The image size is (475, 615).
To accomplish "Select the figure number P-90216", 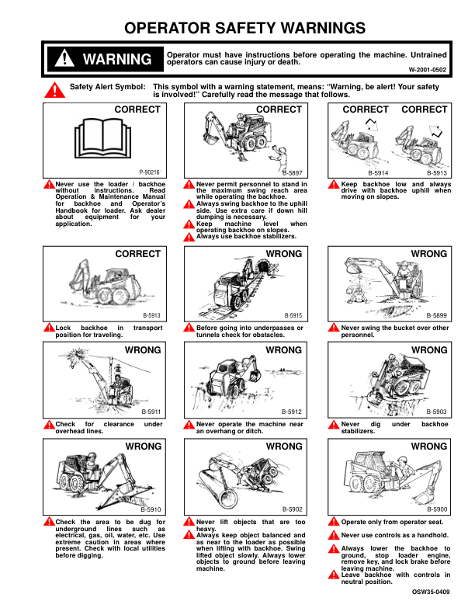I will [150, 172].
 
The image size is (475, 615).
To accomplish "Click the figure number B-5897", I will [292, 172].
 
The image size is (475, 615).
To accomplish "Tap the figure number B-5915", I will [294, 316].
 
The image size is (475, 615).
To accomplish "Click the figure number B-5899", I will [437, 316].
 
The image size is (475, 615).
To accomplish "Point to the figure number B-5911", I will [151, 412].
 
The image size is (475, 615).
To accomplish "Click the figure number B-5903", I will [437, 412].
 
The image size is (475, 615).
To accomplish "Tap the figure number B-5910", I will [151, 509].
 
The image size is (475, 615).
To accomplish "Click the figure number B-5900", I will [437, 509].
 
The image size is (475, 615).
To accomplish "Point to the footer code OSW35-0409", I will [430, 592].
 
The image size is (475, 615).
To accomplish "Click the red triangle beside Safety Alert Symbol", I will [55, 89].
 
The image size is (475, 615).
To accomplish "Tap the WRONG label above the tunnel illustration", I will [283, 254].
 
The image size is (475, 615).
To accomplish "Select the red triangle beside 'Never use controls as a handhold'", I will [335, 536].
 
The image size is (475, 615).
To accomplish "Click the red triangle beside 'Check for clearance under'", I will [49, 425].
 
